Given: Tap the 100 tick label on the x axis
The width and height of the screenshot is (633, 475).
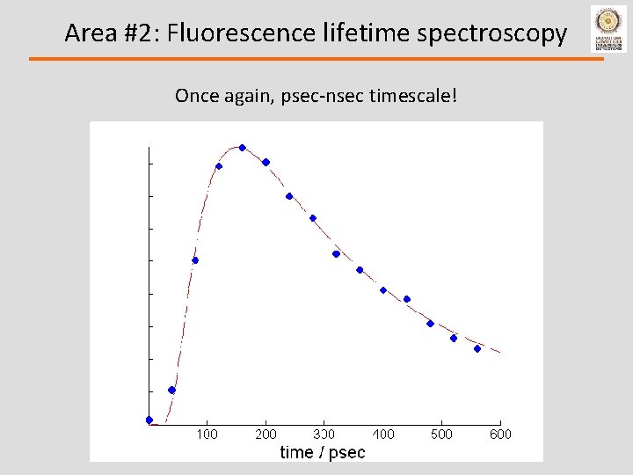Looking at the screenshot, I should point(207,434).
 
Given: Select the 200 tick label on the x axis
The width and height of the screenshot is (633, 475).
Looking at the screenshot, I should point(266,434).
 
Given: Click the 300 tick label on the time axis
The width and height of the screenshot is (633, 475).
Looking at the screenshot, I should point(324,434).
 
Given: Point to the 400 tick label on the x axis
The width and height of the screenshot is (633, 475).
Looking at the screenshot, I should point(383,434).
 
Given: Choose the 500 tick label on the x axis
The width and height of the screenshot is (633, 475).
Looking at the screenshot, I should point(441,434).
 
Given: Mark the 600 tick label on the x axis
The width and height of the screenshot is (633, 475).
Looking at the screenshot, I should point(500,434).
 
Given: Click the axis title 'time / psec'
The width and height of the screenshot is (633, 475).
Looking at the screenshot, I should point(323,452).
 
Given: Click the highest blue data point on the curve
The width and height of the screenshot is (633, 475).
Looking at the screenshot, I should point(243,148).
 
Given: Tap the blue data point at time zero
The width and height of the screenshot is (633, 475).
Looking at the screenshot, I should point(149,420).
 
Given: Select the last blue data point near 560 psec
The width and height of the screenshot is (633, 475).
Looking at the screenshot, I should point(477,348).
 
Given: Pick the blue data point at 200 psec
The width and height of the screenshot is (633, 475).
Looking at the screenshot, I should point(266,162).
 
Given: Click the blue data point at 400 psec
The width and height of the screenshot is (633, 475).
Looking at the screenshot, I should point(383,289).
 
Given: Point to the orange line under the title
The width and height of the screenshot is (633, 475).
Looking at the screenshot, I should point(316,59).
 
